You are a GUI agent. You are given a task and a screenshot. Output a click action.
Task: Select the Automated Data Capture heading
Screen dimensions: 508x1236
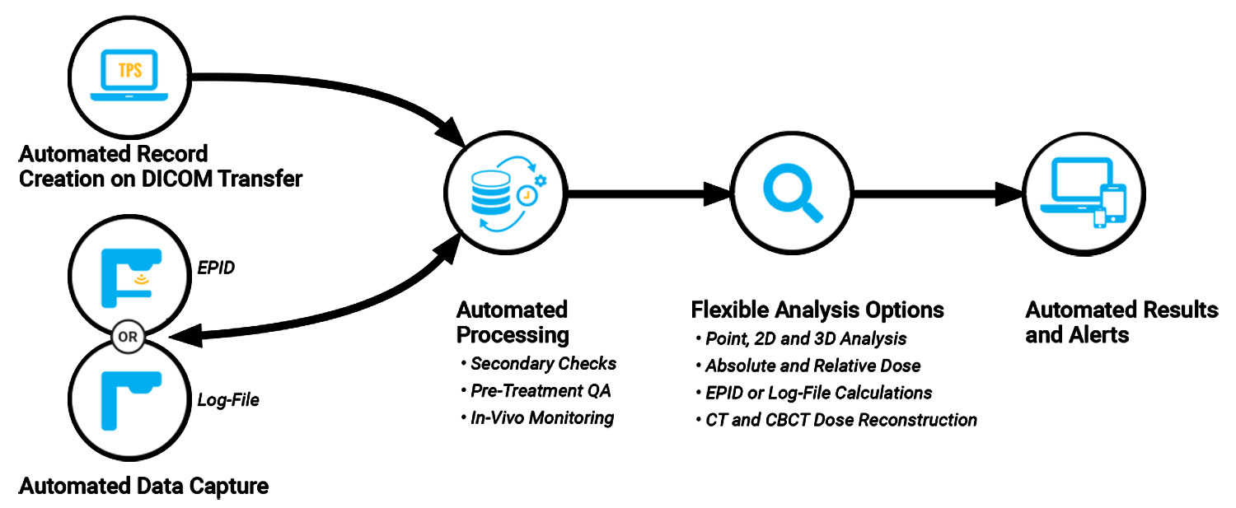click(x=143, y=487)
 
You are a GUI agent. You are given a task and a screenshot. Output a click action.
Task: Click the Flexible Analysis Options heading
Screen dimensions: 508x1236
click(x=817, y=310)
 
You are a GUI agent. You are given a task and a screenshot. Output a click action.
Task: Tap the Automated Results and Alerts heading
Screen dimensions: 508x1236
click(x=1121, y=323)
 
